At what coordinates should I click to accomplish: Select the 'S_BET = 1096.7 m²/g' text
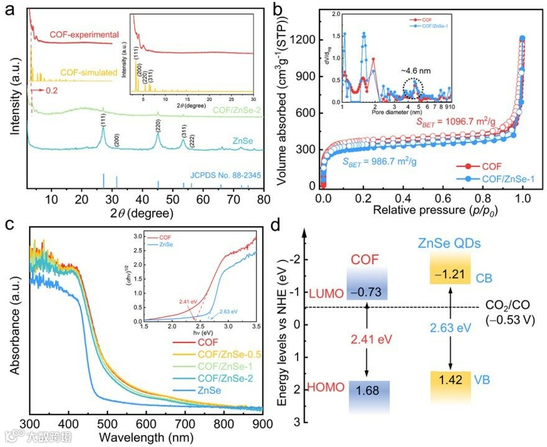[x=456, y=122]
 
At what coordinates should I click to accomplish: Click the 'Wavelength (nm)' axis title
[x=146, y=437]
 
